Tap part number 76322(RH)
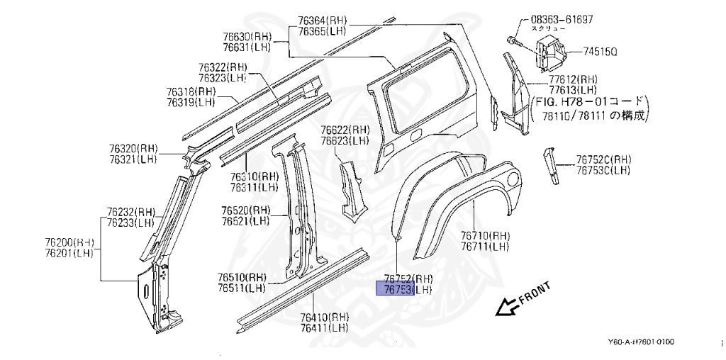223,67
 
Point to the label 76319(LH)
191,102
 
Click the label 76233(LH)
131,222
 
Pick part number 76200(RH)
74,242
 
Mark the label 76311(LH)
254,187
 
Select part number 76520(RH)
245,210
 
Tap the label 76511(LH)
242,288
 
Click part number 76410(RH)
324,317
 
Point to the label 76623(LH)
345,140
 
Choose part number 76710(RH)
485,236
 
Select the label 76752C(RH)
603,159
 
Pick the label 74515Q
601,52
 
